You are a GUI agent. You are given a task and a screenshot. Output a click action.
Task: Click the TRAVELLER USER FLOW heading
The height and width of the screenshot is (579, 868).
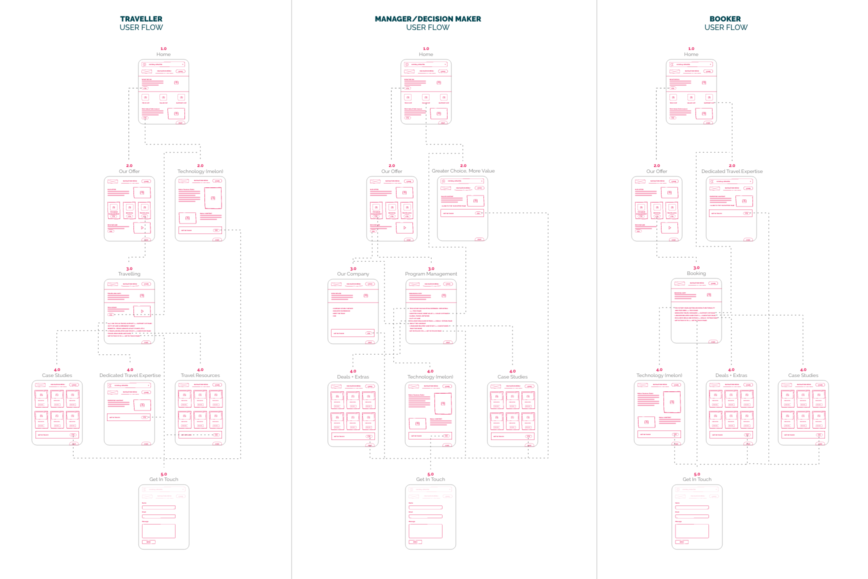(x=141, y=23)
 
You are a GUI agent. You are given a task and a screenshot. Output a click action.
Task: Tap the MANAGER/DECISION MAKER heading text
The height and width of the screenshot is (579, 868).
(x=428, y=19)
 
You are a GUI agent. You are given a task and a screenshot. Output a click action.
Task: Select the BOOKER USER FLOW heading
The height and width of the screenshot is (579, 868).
(x=725, y=23)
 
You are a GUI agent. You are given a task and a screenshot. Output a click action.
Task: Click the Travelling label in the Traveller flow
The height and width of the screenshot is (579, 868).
(x=129, y=274)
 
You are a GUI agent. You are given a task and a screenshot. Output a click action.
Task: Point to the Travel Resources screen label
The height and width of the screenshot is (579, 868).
(x=200, y=375)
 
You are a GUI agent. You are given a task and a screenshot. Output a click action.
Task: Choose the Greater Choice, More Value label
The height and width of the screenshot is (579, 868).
(x=463, y=171)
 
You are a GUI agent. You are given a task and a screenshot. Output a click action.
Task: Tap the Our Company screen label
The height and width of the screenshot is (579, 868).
(x=353, y=274)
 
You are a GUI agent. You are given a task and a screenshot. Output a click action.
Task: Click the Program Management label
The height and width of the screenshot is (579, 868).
(x=431, y=274)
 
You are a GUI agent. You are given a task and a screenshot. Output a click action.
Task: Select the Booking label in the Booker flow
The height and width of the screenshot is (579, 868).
(x=696, y=273)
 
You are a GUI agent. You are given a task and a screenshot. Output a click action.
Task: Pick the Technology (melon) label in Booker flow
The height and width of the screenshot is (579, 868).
(x=659, y=375)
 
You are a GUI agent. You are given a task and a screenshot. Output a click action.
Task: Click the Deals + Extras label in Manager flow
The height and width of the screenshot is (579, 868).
(x=353, y=377)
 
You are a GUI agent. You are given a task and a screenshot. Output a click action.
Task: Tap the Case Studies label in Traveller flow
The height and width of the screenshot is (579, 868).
(x=57, y=375)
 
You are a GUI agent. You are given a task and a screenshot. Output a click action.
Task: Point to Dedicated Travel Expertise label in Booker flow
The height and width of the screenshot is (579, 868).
(x=732, y=171)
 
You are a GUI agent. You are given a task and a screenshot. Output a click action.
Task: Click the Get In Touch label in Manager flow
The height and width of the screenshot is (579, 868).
(x=430, y=479)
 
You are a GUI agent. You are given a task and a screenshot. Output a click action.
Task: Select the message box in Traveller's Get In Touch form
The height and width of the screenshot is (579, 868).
(x=158, y=531)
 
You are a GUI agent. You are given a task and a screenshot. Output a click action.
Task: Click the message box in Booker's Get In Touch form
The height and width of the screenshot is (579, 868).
(x=692, y=531)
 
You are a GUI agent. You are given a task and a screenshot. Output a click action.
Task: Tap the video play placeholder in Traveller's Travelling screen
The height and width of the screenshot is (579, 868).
(x=142, y=311)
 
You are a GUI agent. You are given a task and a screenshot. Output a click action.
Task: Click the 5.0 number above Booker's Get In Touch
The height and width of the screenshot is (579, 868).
(x=697, y=474)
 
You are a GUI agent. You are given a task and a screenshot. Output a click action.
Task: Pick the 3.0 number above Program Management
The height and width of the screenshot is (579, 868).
(x=431, y=268)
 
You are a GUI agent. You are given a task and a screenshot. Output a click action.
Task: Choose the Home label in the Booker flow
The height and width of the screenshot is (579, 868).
(x=691, y=54)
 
